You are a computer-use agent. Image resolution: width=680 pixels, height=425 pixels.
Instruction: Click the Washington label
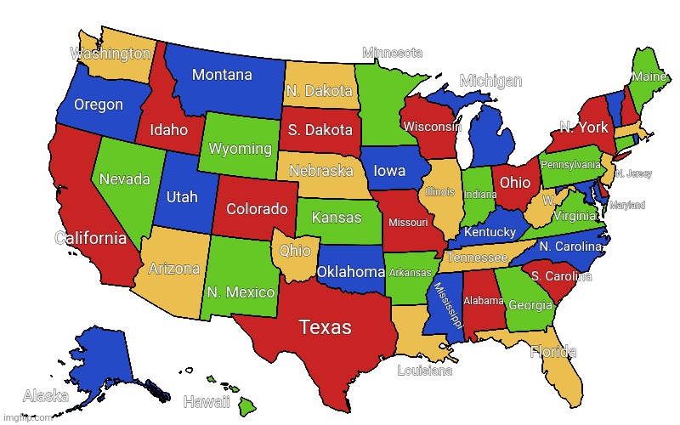click(110, 54)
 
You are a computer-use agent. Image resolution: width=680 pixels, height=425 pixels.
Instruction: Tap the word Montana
click(222, 75)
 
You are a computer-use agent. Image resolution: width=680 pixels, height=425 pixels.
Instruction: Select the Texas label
click(326, 327)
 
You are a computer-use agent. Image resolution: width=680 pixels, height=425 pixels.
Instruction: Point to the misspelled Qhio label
click(295, 251)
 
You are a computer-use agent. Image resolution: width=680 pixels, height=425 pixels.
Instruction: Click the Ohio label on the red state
click(515, 183)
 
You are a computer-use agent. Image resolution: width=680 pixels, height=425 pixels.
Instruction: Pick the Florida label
click(553, 352)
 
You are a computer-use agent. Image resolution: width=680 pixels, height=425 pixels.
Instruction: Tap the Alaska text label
click(46, 395)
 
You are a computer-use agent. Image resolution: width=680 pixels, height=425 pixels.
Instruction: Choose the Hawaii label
click(207, 401)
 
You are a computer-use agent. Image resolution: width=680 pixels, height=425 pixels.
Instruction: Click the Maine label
click(649, 77)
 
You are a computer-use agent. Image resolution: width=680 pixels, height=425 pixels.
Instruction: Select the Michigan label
click(490, 81)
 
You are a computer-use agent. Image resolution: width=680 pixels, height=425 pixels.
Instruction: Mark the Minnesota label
click(393, 53)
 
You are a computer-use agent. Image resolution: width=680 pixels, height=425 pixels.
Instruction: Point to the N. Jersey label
click(633, 174)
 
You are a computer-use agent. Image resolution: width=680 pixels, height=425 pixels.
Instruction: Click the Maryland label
click(627, 206)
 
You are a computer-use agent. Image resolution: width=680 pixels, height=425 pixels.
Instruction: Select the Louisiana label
click(425, 371)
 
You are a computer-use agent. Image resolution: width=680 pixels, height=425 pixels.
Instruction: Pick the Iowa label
click(390, 171)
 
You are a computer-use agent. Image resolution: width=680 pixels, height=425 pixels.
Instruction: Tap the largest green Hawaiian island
click(246, 405)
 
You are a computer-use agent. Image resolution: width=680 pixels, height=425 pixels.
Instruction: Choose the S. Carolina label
click(561, 276)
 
